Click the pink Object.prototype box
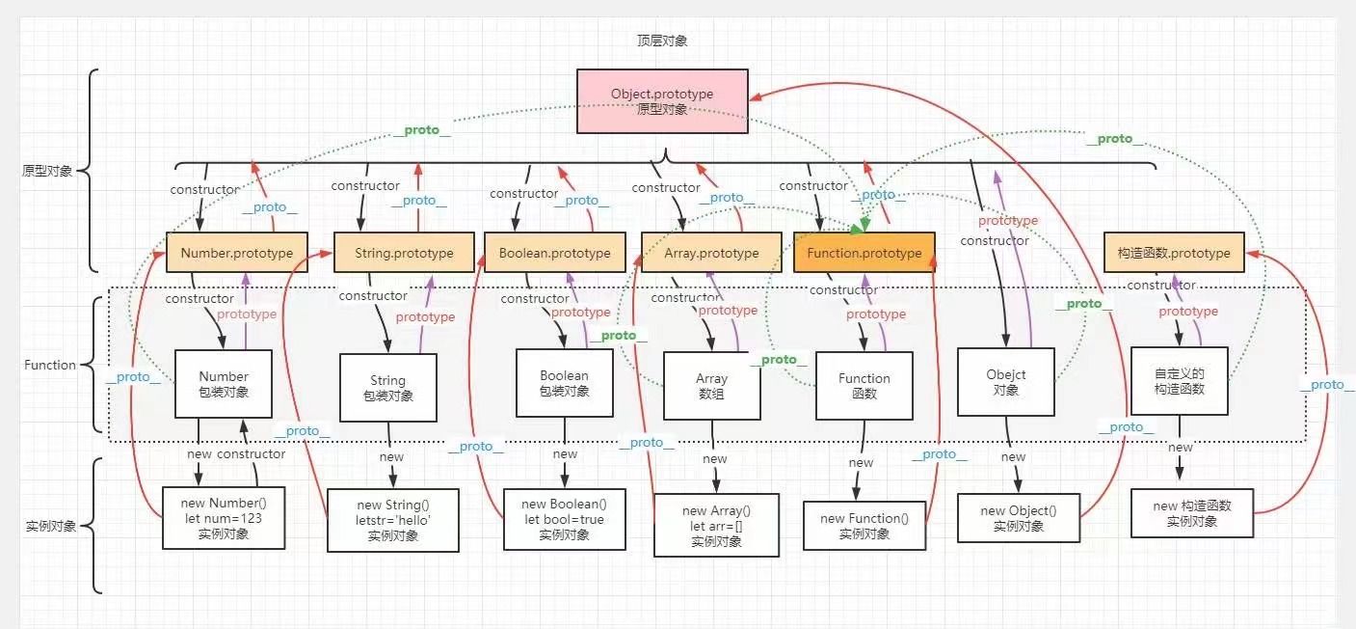pyautogui.click(x=662, y=100)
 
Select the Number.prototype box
pyautogui.click(x=236, y=253)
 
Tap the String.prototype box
pyautogui.click(x=404, y=253)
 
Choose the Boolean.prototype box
pyautogui.click(x=554, y=253)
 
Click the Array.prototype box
pyautogui.click(x=711, y=253)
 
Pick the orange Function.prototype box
pyautogui.click(x=864, y=253)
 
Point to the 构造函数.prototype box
pyautogui.click(x=1173, y=253)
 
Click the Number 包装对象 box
pyautogui.click(x=224, y=383)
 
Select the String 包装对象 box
pyautogui.click(x=387, y=387)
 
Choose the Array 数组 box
pyautogui.click(x=711, y=386)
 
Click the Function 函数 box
pyautogui.click(x=864, y=385)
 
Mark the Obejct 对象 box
pyautogui.click(x=1005, y=382)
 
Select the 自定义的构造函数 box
pyautogui.click(x=1179, y=380)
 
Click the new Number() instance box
pyautogui.click(x=224, y=518)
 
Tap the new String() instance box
pyautogui.click(x=392, y=520)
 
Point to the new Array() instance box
pyautogui.click(x=716, y=525)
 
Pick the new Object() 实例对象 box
pyautogui.click(x=1018, y=518)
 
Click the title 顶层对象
pyautogui.click(x=662, y=41)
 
